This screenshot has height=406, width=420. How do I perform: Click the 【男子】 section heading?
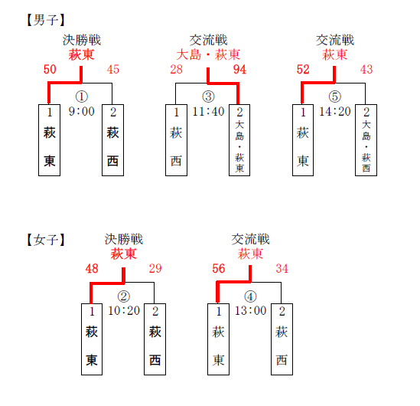[46, 20]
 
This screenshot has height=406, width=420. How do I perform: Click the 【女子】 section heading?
[46, 240]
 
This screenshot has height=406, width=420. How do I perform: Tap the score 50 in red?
[50, 70]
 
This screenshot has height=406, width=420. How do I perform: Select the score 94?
[239, 70]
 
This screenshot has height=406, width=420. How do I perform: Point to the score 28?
[176, 70]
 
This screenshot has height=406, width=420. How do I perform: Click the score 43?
[366, 70]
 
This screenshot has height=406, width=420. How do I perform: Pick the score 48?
[92, 268]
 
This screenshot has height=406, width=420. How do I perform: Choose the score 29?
[155, 268]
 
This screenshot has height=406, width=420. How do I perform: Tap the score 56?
[219, 268]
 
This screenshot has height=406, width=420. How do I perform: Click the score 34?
[282, 268]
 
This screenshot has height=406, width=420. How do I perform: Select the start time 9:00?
[81, 111]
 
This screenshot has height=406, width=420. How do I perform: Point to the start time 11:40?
[208, 111]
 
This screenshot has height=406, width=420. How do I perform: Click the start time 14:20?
[335, 111]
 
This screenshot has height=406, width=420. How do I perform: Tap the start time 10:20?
[124, 310]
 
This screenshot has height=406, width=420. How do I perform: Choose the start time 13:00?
[250, 310]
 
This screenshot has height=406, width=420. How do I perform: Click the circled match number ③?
[208, 97]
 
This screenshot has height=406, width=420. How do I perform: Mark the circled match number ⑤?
[335, 97]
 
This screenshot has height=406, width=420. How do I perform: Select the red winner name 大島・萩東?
[208, 55]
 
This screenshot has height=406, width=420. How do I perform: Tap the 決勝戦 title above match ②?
[124, 240]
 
